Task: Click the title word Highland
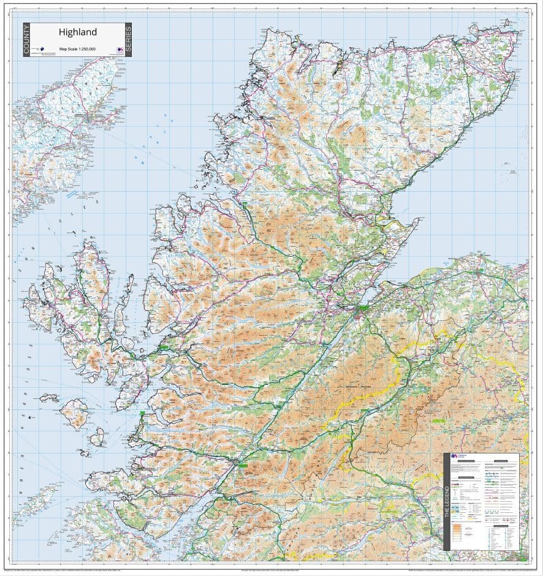[x=77, y=31]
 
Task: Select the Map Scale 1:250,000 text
[x=77, y=48]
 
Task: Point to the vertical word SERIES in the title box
[x=127, y=40]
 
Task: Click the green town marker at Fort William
[x=243, y=466]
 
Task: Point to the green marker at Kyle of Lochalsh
[x=164, y=347]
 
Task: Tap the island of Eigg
[x=97, y=437]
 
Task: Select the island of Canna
[x=49, y=398]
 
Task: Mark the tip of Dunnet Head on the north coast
[x=473, y=29]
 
